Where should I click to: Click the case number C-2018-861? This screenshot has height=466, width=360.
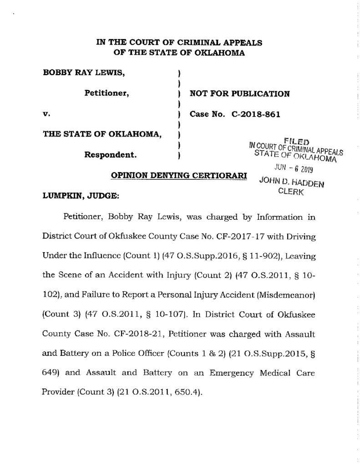259,114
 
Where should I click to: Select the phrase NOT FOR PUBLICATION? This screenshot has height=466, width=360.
239,94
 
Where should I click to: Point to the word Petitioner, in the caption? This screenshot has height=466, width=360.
107,94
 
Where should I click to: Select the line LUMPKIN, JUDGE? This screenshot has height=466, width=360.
77,196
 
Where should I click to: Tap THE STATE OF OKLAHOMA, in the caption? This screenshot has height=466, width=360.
102,134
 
